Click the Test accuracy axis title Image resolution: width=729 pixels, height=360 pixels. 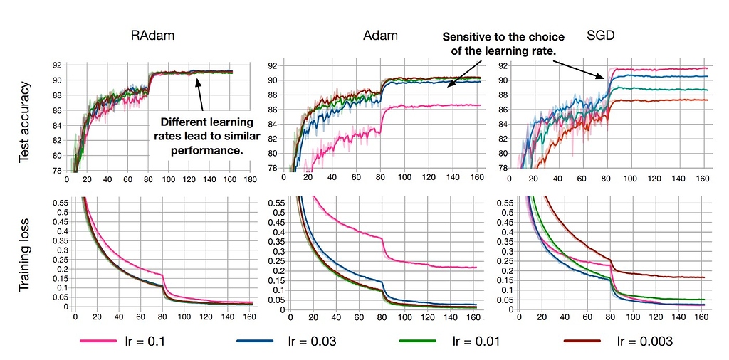(x=26, y=122)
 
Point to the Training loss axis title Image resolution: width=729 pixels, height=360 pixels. (x=26, y=253)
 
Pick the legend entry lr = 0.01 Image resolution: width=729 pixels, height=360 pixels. (x=476, y=342)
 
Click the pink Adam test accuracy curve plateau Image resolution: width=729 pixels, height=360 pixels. (x=441, y=105)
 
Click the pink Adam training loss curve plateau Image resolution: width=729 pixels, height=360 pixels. (x=441, y=266)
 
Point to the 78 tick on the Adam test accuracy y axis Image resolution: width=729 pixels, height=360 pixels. (x=272, y=168)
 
